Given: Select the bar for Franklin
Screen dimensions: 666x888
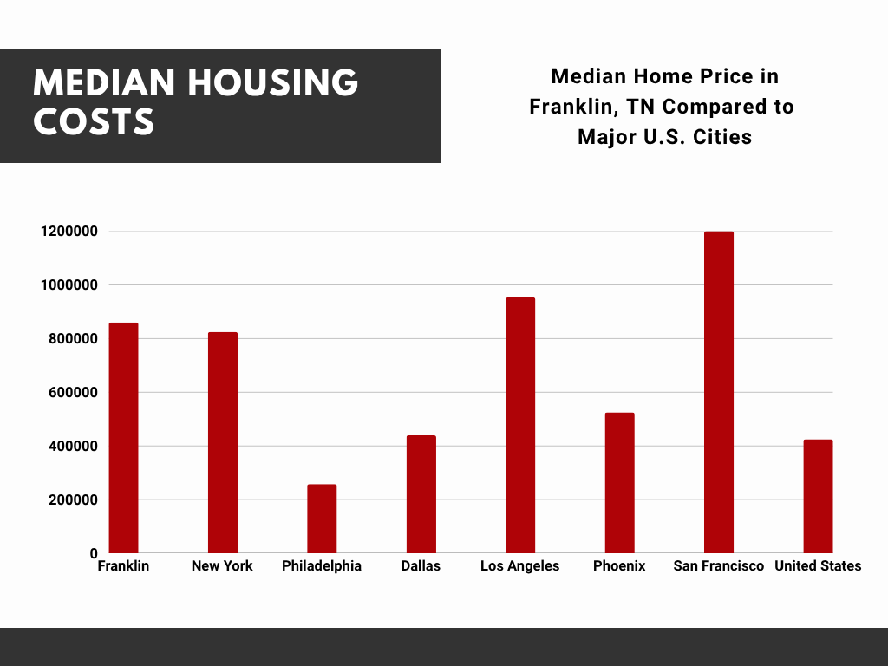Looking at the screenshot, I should (x=123, y=438).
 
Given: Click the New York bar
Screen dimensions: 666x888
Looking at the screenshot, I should (x=223, y=442).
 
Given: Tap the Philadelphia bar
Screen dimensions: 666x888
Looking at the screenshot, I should (x=322, y=519).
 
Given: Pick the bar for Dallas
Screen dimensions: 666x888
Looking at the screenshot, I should (x=421, y=494).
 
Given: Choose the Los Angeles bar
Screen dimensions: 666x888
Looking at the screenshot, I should (x=520, y=425).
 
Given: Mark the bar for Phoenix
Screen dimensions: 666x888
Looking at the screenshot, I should (x=620, y=483).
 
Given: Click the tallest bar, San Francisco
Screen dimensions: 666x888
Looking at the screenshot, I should (x=719, y=392).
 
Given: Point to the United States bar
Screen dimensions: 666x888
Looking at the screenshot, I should (x=818, y=496).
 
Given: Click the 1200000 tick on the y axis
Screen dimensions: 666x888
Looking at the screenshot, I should (x=68, y=232).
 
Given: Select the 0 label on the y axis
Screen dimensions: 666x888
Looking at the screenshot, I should (x=94, y=553).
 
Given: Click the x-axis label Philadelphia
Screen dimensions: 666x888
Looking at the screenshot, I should (x=322, y=566).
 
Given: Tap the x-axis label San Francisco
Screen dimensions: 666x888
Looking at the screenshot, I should (x=719, y=566).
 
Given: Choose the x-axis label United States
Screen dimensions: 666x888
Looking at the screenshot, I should (x=818, y=566).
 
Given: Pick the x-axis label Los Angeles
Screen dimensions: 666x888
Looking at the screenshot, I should (x=520, y=566).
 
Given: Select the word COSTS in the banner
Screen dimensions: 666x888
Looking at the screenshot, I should (x=94, y=121).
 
